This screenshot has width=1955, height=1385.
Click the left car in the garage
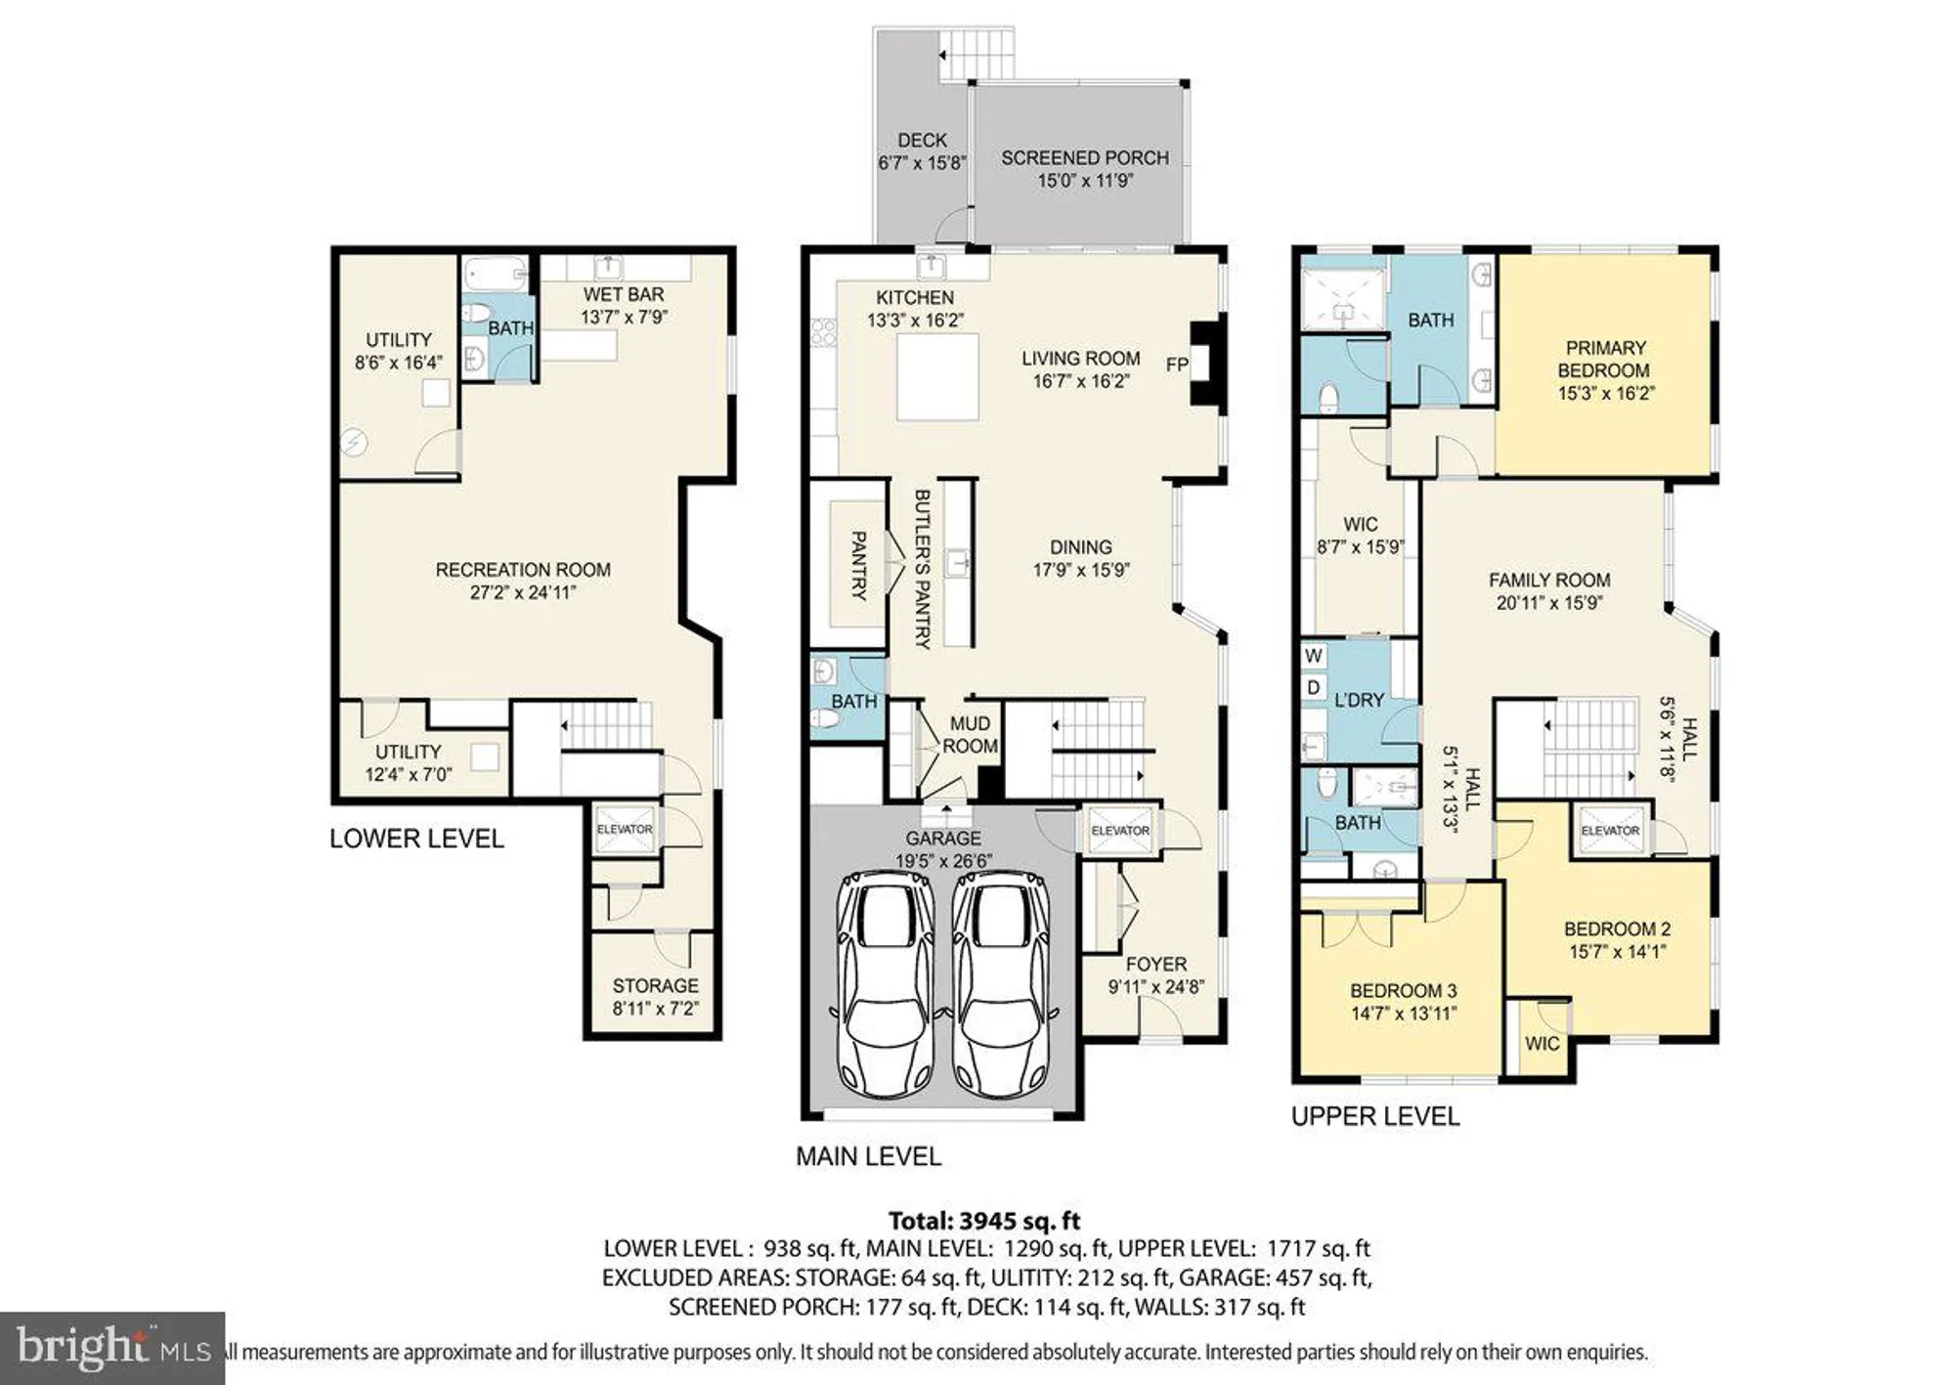(x=885, y=982)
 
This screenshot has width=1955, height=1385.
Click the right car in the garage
(x=1000, y=982)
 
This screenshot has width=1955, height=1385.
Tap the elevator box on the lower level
(x=625, y=829)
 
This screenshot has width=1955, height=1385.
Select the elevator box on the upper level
(x=1610, y=831)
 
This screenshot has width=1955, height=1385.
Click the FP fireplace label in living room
(x=1177, y=365)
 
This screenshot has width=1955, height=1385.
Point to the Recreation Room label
(x=523, y=570)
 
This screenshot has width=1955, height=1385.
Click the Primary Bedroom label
(x=1604, y=359)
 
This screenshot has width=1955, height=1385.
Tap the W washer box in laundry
(x=1313, y=656)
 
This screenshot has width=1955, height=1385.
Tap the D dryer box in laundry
(x=1313, y=688)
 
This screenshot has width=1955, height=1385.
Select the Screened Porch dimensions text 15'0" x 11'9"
(x=1085, y=181)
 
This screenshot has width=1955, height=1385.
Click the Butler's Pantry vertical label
(x=922, y=569)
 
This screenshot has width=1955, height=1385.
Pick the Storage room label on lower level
(x=655, y=985)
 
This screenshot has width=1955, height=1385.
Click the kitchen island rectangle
(x=937, y=377)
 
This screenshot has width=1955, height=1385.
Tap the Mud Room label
(x=970, y=735)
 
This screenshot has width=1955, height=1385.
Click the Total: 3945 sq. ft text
(x=984, y=1221)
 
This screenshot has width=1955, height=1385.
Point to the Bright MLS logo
(x=112, y=1348)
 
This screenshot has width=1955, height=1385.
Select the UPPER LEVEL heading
(x=1375, y=1116)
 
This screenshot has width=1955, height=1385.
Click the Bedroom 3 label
(x=1403, y=990)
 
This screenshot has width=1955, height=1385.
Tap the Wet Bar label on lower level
(x=624, y=294)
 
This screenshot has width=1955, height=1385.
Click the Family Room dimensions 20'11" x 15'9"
(x=1549, y=603)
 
